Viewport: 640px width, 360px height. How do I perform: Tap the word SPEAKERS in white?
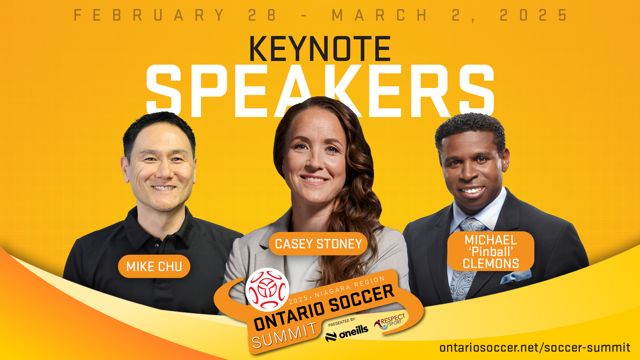click(320, 91)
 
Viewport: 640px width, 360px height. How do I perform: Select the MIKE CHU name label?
click(154, 266)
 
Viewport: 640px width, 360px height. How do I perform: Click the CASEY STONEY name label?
click(318, 244)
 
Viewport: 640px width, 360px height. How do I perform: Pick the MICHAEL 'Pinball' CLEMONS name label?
click(491, 251)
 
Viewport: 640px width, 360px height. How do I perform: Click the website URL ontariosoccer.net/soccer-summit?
click(535, 348)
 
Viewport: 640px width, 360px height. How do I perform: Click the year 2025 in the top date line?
click(534, 15)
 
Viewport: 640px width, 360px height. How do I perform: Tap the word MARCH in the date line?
click(380, 15)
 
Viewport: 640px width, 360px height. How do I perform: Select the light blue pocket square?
click(516, 276)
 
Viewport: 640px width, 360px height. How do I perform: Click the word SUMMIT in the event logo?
click(284, 335)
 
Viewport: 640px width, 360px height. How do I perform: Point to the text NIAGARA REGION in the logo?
click(350, 287)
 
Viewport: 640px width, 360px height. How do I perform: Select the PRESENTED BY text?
click(342, 322)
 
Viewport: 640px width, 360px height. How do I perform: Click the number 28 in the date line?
click(262, 15)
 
